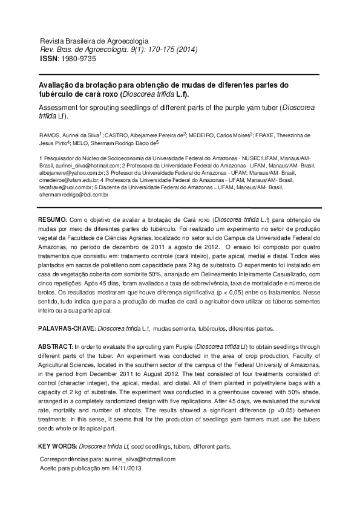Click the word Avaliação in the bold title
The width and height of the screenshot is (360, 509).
[x=60, y=86]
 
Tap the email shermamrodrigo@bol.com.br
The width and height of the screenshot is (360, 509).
[x=73, y=195]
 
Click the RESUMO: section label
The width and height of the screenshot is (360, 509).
[x=56, y=218]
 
